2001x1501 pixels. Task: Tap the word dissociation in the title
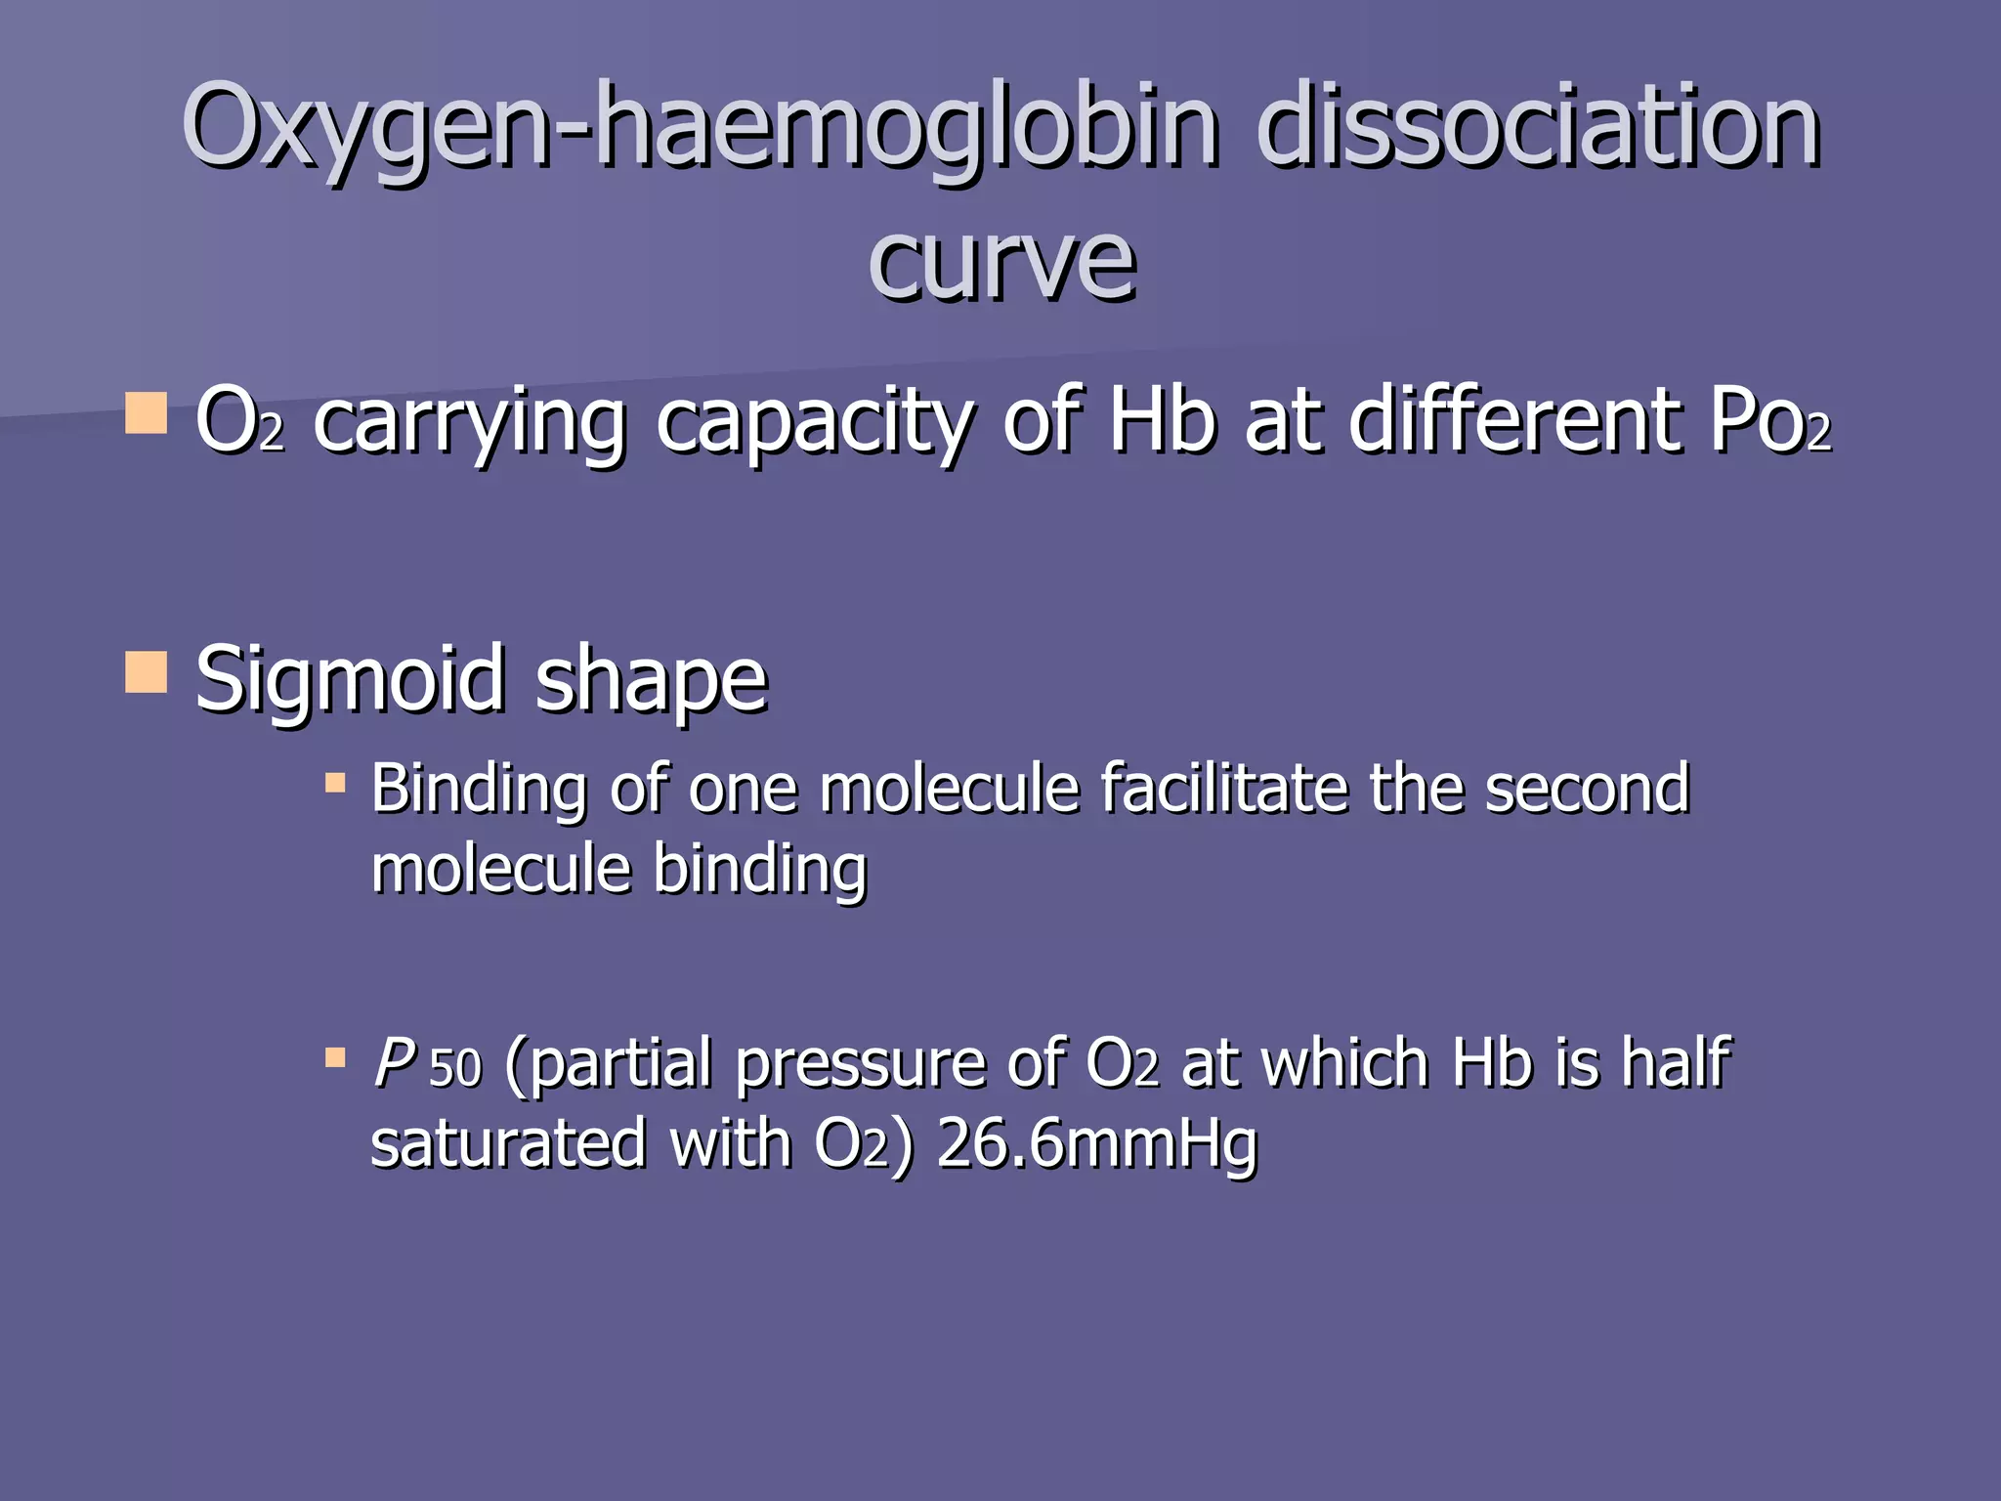coord(1538,127)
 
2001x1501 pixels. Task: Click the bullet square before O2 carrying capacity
coord(147,413)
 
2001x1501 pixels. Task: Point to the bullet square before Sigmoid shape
coord(147,672)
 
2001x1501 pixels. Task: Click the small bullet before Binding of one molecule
coord(335,783)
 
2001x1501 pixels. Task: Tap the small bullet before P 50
coord(335,1057)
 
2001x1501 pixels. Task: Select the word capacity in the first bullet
coord(815,424)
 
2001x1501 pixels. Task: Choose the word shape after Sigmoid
coord(652,682)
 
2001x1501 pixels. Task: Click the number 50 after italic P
coord(456,1068)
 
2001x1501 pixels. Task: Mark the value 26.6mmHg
coord(1096,1145)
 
